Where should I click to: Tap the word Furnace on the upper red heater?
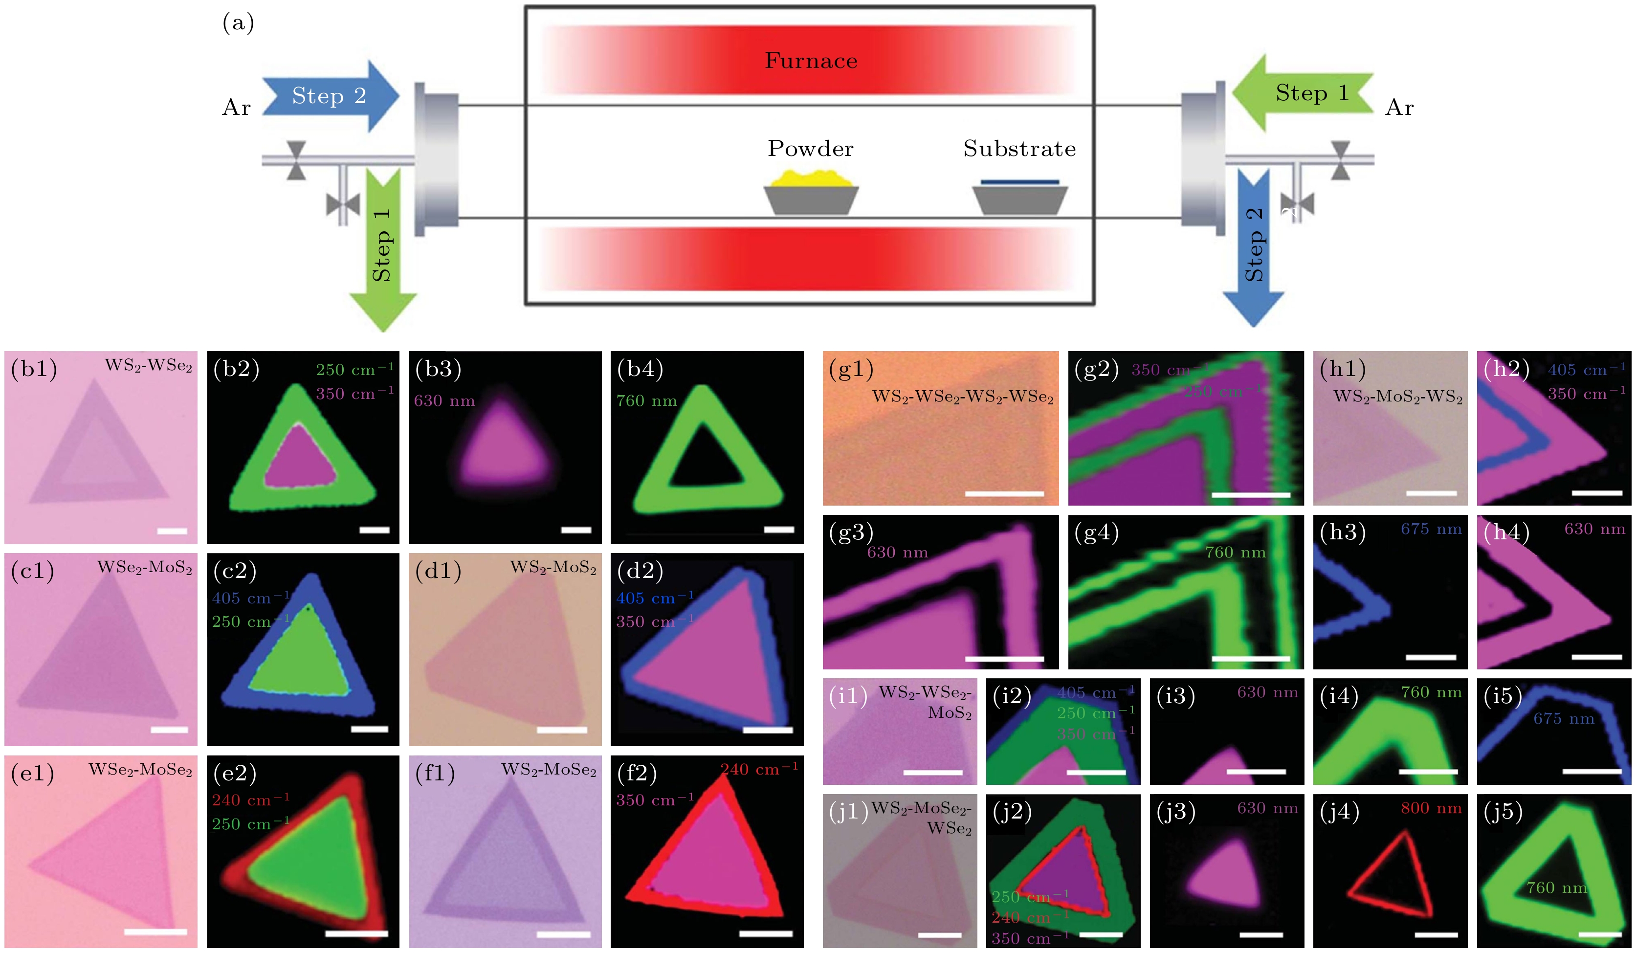click(x=811, y=60)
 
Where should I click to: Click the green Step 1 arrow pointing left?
click(x=1305, y=93)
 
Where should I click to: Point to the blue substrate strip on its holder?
click(x=1019, y=182)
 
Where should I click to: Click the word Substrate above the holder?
click(x=1019, y=149)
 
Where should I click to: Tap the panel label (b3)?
click(x=438, y=369)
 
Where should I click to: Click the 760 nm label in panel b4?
click(x=646, y=400)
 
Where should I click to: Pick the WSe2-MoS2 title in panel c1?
click(x=145, y=567)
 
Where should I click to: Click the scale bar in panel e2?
click(x=356, y=933)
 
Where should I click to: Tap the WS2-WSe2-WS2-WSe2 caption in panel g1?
click(x=962, y=397)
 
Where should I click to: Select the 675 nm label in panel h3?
click(x=1431, y=529)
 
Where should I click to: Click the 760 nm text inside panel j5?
click(x=1556, y=887)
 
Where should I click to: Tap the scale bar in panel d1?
click(x=562, y=730)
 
